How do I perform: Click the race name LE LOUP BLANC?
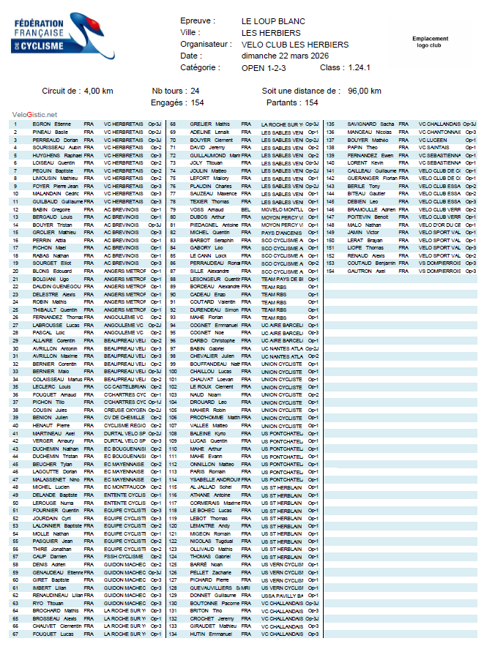[x=273, y=21]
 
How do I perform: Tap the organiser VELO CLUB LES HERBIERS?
[x=294, y=45]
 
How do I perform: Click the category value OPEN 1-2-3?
[x=265, y=67]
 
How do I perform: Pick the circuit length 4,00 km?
[x=98, y=91]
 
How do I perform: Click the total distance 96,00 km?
[x=365, y=91]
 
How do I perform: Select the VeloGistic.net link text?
[x=34, y=114]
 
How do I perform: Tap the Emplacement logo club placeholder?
[x=430, y=42]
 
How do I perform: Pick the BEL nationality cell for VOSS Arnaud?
[x=246, y=209]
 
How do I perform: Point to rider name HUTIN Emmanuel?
[x=208, y=634]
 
